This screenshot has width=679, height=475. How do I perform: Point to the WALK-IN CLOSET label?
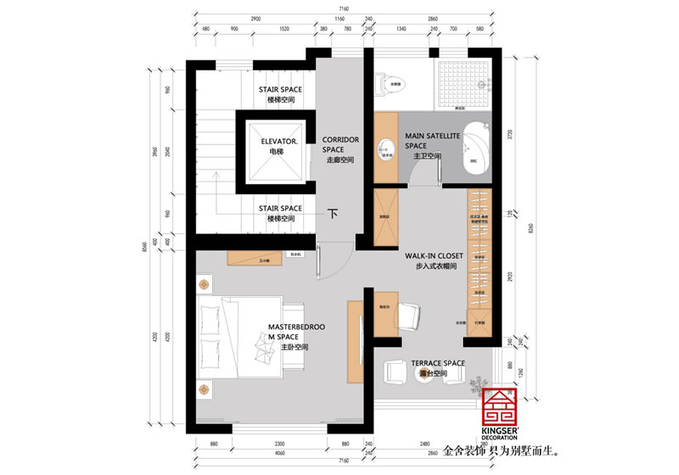[439, 255]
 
